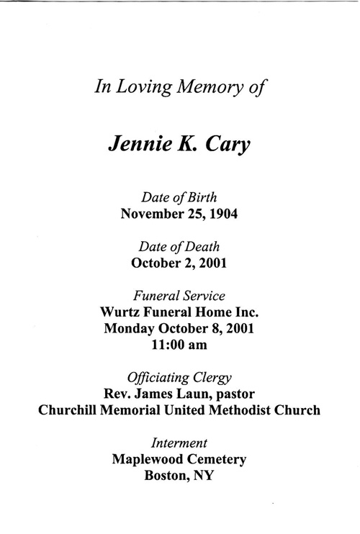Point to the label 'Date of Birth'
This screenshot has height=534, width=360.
[179, 197]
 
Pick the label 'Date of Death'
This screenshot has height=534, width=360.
[179, 247]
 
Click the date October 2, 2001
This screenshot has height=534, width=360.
[179, 263]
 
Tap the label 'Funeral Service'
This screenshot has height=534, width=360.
[179, 295]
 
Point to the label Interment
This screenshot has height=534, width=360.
[179, 443]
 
